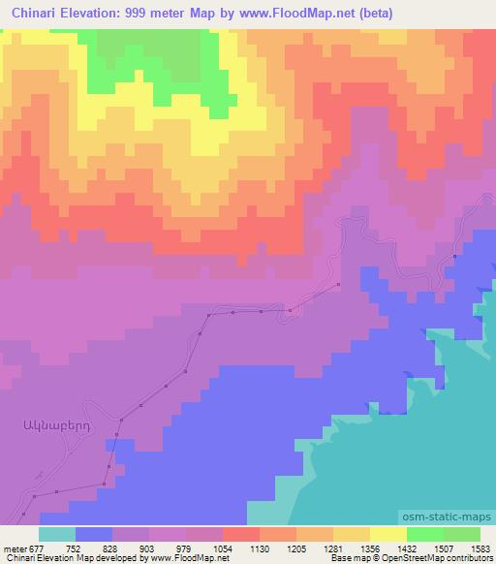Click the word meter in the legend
pyautogui.click(x=15, y=547)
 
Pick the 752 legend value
pyautogui.click(x=76, y=547)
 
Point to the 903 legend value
pyautogui.click(x=149, y=547)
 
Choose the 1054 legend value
pyautogui.click(x=222, y=547)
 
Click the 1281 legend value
pyautogui.click(x=332, y=547)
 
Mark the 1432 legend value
pyautogui.click(x=406, y=547)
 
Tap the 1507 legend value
pyautogui.click(x=443, y=547)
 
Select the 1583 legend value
pyautogui.click(x=479, y=547)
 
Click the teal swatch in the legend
pyautogui.click(x=57, y=533)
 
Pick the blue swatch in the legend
pyautogui.click(x=94, y=533)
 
